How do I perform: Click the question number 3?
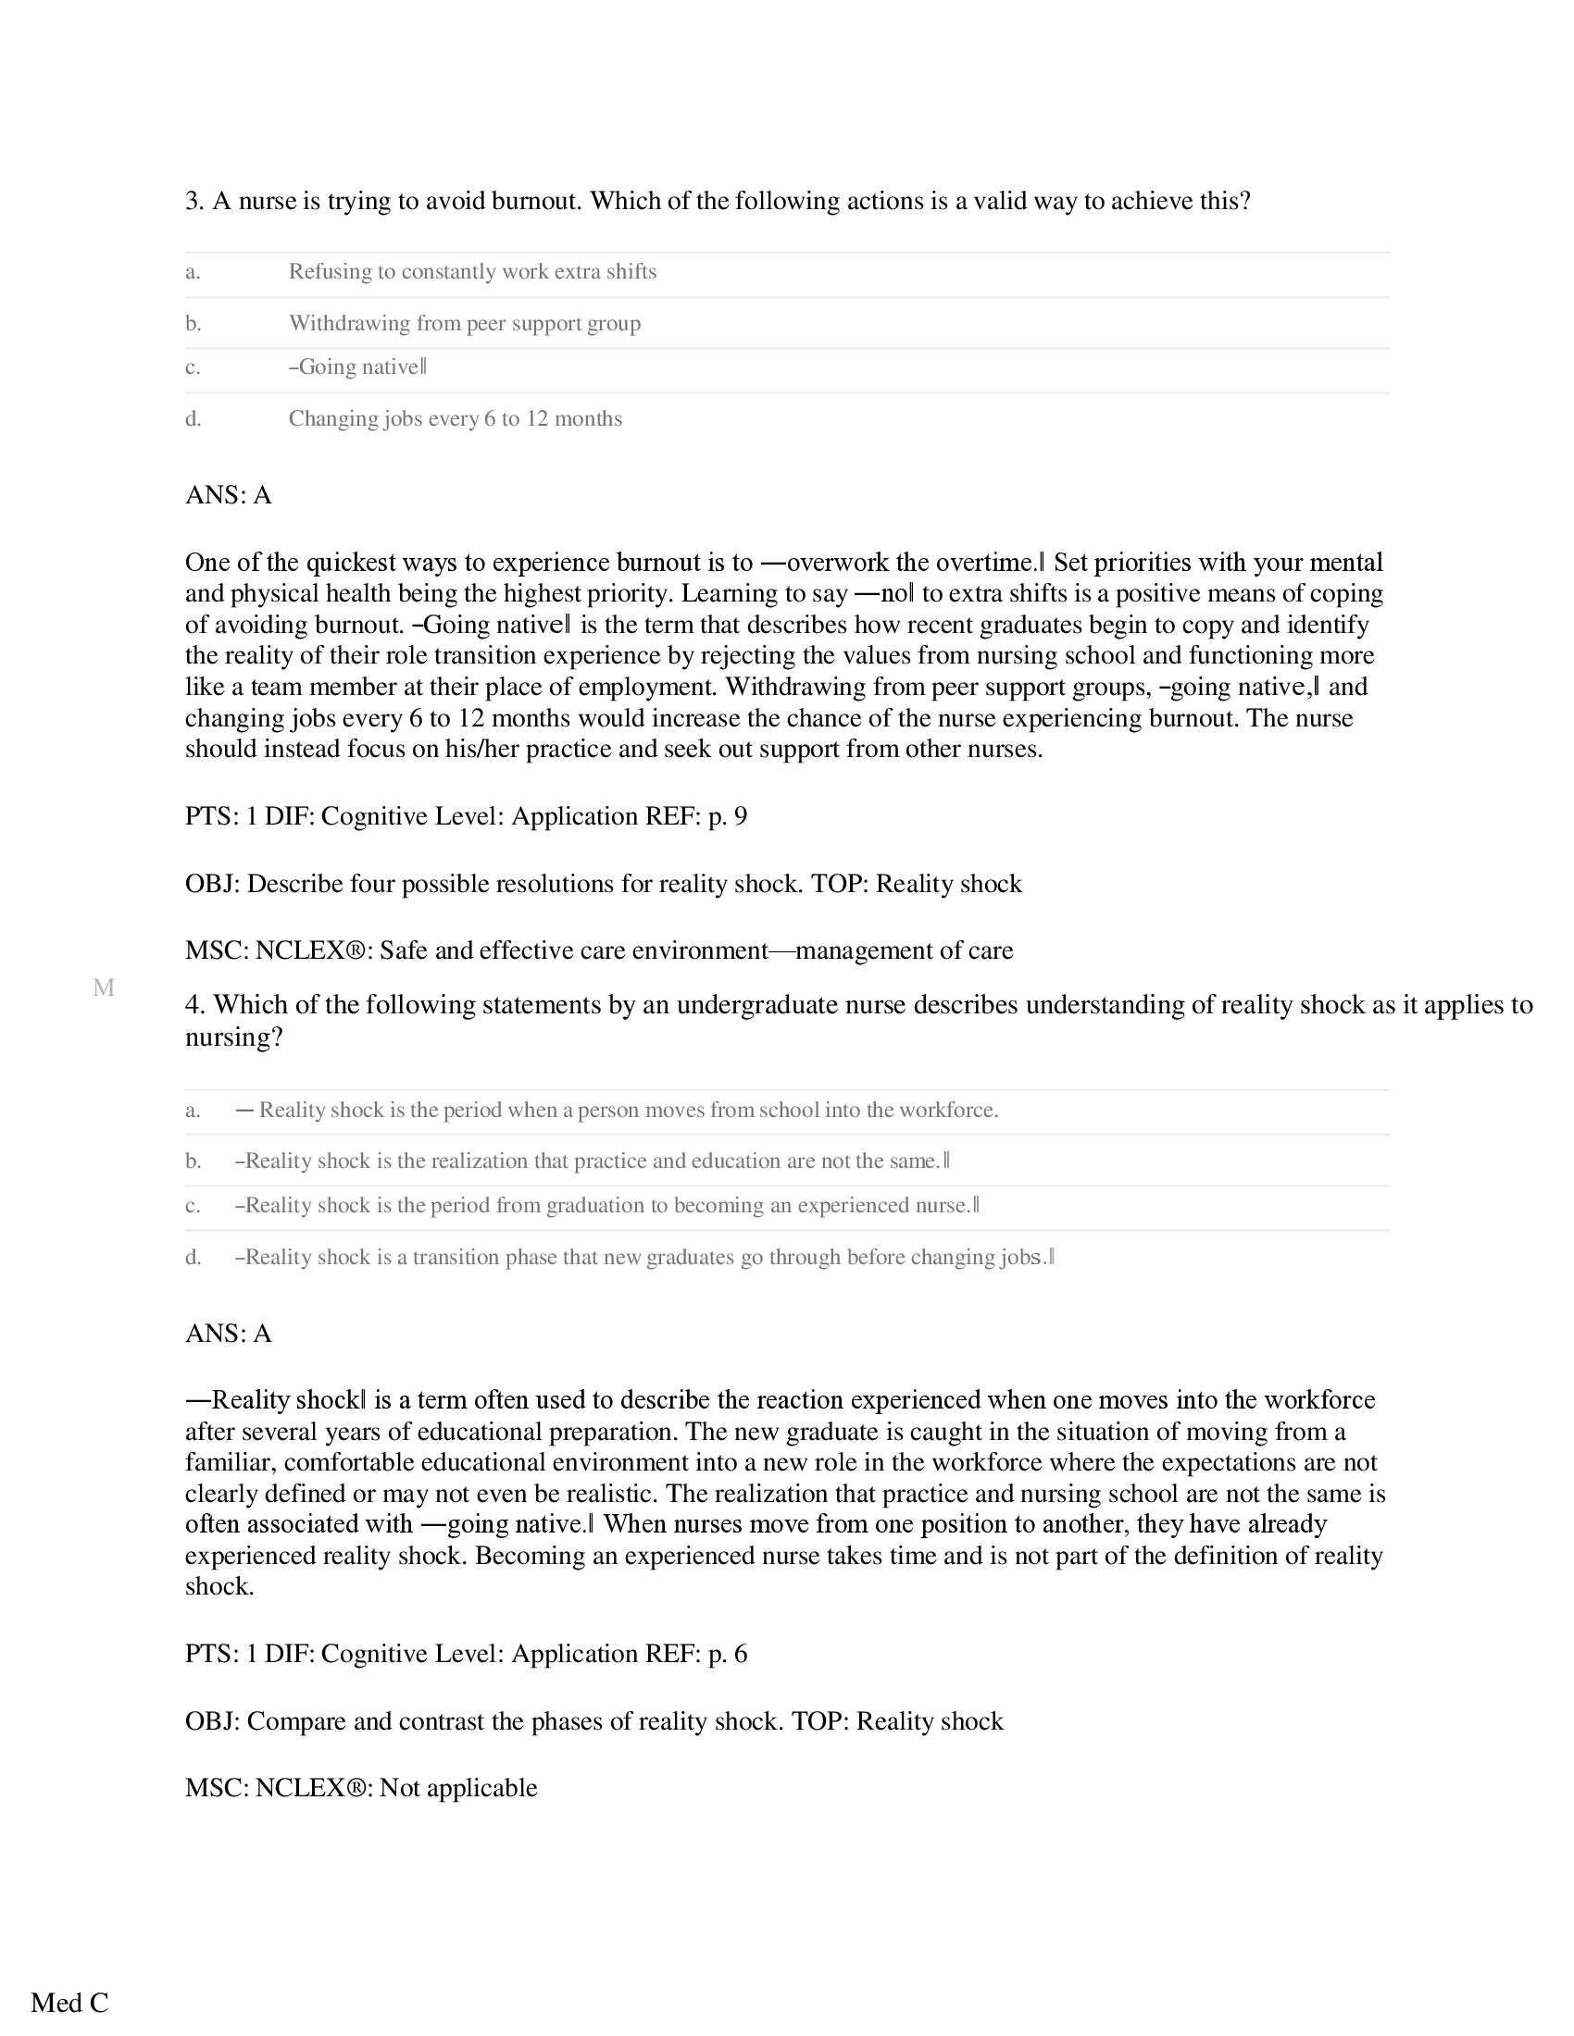(x=194, y=202)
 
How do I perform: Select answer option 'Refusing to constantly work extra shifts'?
(x=472, y=272)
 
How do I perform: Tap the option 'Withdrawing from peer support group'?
(x=465, y=324)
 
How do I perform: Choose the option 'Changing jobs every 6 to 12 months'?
(x=455, y=418)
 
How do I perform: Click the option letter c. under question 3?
(x=193, y=367)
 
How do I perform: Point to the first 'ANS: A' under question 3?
(x=229, y=495)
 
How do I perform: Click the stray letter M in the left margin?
(x=104, y=988)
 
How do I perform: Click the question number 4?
(x=194, y=1005)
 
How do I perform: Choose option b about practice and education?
(x=593, y=1161)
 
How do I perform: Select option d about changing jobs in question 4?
(x=643, y=1258)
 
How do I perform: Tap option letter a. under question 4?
(x=193, y=1111)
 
